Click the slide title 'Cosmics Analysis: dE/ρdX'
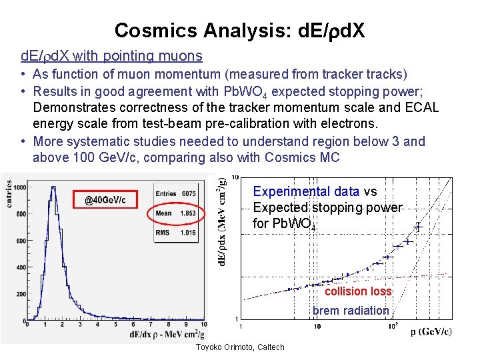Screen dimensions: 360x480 click(239, 30)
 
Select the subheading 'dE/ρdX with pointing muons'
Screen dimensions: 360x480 click(111, 56)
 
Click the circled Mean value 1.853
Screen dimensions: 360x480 click(188, 213)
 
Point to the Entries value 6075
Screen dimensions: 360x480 click(188, 194)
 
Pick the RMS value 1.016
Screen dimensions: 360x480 click(188, 233)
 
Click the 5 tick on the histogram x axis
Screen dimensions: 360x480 click(115, 325)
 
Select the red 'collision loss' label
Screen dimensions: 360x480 click(358, 291)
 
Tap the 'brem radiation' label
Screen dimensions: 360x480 click(351, 310)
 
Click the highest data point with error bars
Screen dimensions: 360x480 click(419, 227)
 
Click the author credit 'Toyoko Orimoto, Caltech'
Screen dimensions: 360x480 click(240, 347)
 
